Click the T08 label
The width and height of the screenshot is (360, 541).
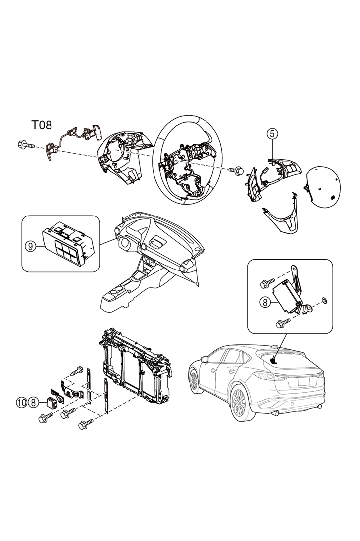click(x=42, y=124)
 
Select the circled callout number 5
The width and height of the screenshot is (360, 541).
click(x=272, y=133)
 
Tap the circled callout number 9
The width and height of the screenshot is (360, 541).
click(x=31, y=246)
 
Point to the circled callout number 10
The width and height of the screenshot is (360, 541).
click(x=21, y=402)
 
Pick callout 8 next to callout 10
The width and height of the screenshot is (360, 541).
click(x=33, y=402)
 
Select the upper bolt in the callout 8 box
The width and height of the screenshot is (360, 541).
click(x=267, y=284)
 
